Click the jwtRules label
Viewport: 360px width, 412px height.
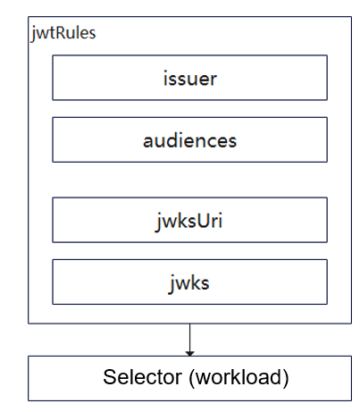coord(63,33)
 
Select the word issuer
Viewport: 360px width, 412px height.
coord(190,79)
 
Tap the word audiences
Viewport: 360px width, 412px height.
coord(190,140)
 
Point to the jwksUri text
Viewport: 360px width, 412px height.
coord(188,221)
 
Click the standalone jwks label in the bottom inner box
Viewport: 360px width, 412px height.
coord(189,283)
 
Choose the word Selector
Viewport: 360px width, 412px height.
coord(143,377)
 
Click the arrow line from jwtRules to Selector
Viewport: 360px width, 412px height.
coord(189,340)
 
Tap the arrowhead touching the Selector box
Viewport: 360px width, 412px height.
coord(189,353)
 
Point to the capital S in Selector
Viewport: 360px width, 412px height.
coord(110,377)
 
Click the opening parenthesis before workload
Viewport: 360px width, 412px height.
coord(192,378)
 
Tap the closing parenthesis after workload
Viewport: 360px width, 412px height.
coord(286,378)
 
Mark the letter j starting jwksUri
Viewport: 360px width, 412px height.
coord(158,223)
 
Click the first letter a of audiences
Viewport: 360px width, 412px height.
coord(148,142)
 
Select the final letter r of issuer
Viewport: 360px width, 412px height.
coord(213,80)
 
